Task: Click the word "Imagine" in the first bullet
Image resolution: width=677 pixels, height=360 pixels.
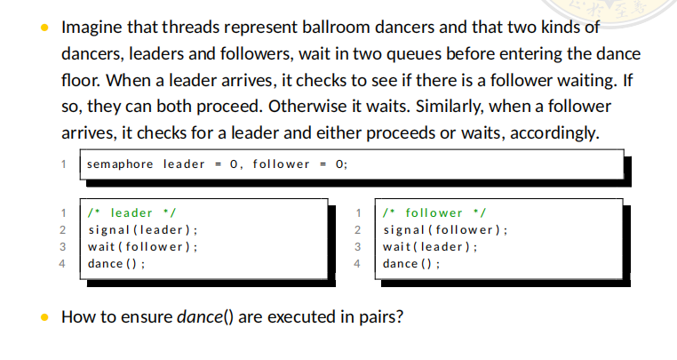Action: [90, 28]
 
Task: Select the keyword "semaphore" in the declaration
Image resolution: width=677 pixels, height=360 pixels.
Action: [120, 164]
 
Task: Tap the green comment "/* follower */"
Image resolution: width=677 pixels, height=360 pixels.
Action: [432, 213]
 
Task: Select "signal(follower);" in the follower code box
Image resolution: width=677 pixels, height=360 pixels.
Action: [445, 230]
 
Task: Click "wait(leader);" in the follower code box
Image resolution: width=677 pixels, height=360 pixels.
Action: [430, 247]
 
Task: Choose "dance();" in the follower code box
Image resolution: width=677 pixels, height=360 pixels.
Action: [410, 264]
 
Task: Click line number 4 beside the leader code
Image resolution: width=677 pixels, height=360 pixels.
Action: [64, 264]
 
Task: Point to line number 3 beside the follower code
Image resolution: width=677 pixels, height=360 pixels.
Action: [357, 247]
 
